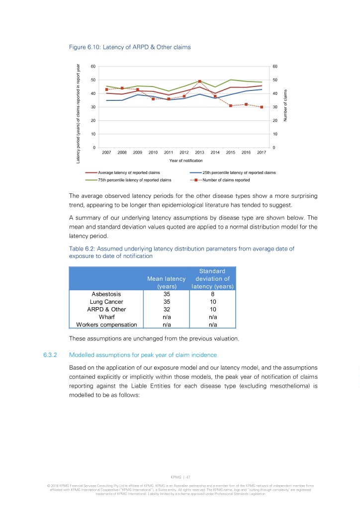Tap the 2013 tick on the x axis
click(199, 153)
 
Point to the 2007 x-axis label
click(106, 153)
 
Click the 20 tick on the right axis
click(275, 121)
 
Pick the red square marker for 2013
click(199, 82)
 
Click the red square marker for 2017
click(262, 107)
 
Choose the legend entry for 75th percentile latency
click(134, 180)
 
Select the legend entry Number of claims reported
click(226, 180)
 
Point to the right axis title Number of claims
click(286, 104)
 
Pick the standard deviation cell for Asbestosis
click(212, 294)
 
